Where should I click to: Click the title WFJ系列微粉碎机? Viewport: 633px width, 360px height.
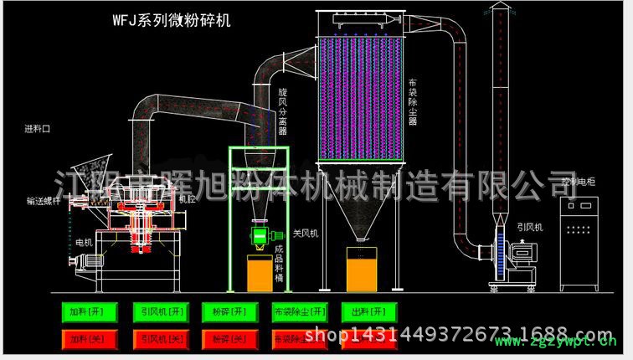[171, 18]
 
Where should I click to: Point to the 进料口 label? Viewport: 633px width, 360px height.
[38, 130]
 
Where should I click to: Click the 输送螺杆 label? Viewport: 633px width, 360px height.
[43, 201]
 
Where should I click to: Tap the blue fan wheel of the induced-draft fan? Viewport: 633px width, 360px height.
[500, 251]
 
